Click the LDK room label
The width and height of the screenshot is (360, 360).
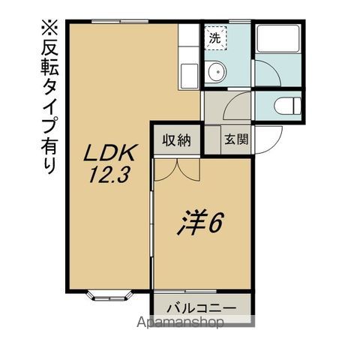(110, 154)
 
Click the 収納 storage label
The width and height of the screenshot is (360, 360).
(176, 139)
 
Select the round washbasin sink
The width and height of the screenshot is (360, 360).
(215, 73)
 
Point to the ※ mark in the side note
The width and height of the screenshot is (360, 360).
(49, 30)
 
